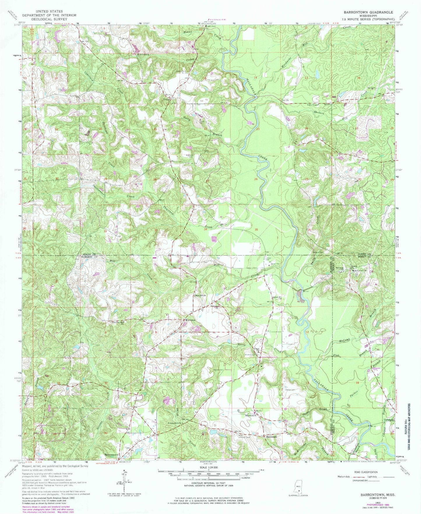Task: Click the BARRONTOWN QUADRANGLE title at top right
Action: tap(368, 12)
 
